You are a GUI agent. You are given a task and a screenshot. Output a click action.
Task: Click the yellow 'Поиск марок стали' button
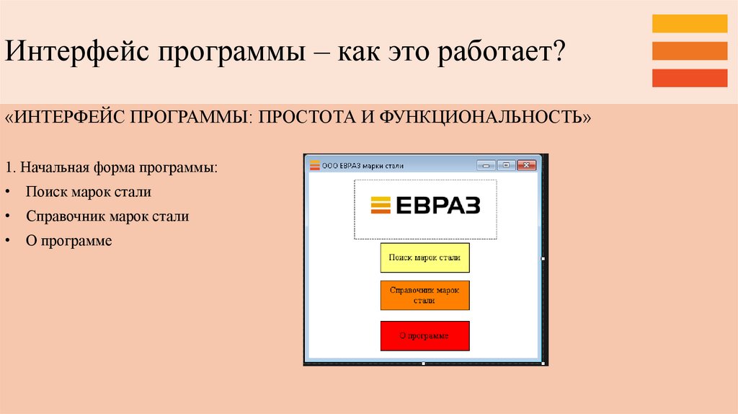[x=424, y=257]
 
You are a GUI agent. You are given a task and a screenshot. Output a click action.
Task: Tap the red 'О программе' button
[x=424, y=336]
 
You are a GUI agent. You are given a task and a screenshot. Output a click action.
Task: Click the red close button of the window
[x=527, y=165]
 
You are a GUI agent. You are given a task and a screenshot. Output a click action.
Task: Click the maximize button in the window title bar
[x=506, y=165]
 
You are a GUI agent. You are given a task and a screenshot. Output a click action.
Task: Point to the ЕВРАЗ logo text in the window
[x=437, y=205]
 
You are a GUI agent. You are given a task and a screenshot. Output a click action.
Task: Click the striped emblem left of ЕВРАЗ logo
[x=380, y=205]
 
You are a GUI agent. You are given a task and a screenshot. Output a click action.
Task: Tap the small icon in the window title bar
[x=314, y=165]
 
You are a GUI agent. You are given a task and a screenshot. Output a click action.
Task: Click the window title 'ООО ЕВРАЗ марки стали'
[x=363, y=166]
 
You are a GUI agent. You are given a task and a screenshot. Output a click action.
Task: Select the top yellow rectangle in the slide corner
[x=689, y=24]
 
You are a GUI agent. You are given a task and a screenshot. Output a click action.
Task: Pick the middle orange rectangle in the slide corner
[x=689, y=50]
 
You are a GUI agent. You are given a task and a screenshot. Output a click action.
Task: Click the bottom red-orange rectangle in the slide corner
[x=689, y=77]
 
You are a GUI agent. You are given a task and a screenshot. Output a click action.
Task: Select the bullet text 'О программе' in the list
[x=69, y=241]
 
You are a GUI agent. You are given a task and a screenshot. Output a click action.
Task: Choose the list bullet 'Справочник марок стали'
[x=107, y=216]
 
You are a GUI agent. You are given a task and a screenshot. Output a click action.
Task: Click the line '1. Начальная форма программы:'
[x=111, y=168]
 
